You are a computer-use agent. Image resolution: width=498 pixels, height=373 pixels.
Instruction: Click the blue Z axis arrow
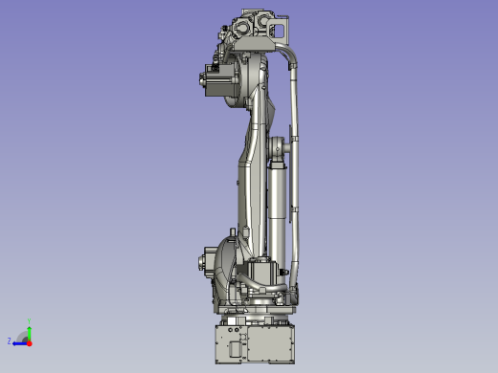tap(19, 340)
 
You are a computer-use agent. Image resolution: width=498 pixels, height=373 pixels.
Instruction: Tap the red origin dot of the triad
tap(30, 340)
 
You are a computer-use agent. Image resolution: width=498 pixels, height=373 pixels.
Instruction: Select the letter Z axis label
tap(10, 340)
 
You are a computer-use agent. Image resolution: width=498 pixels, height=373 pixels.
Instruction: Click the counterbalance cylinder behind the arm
tap(277, 206)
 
